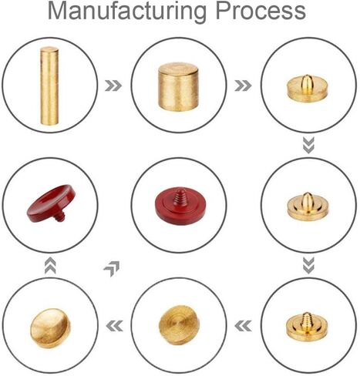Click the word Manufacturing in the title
(127, 11)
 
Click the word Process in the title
(261, 10)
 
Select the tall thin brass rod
(49, 86)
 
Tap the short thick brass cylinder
(178, 86)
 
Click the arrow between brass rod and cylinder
(113, 86)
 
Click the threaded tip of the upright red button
(180, 196)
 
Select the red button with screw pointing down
(52, 203)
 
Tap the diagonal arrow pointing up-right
(112, 268)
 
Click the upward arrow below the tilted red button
(50, 266)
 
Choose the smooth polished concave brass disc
(50, 328)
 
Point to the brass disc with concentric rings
(179, 324)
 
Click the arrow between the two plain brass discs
(114, 326)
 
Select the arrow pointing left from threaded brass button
(243, 326)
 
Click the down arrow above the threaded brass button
(308, 266)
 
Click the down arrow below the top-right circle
(308, 146)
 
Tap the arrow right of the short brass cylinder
(243, 86)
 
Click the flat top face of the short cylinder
(178, 69)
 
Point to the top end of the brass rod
(49, 49)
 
